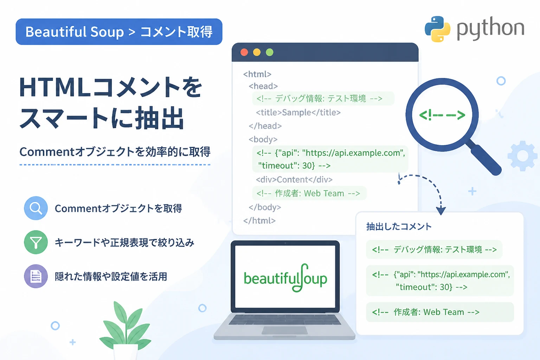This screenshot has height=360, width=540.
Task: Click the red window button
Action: point(244,52)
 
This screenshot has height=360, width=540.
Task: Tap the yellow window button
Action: point(257,52)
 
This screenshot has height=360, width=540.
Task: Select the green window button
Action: point(270,52)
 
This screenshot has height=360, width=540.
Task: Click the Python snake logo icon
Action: point(437,29)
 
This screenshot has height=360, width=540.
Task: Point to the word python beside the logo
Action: point(490,29)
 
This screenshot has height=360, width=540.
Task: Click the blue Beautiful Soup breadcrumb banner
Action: point(119,32)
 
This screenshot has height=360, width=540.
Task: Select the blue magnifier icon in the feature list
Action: point(36,208)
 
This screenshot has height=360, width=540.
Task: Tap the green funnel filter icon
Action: point(36,242)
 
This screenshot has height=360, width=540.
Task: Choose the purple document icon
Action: point(36,276)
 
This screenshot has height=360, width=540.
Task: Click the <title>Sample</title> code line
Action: point(298,112)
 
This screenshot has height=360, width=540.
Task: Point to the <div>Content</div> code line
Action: point(294,179)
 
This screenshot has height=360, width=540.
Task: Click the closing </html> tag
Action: point(259,221)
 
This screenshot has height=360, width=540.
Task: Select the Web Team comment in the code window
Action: point(308,193)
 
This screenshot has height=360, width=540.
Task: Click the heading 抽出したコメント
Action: point(399,226)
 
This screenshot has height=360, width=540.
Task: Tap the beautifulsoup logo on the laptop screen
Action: point(285,278)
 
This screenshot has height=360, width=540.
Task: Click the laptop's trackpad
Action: point(284,330)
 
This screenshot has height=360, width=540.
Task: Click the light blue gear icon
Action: point(522,156)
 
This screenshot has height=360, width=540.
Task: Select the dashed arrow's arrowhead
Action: point(441,211)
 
